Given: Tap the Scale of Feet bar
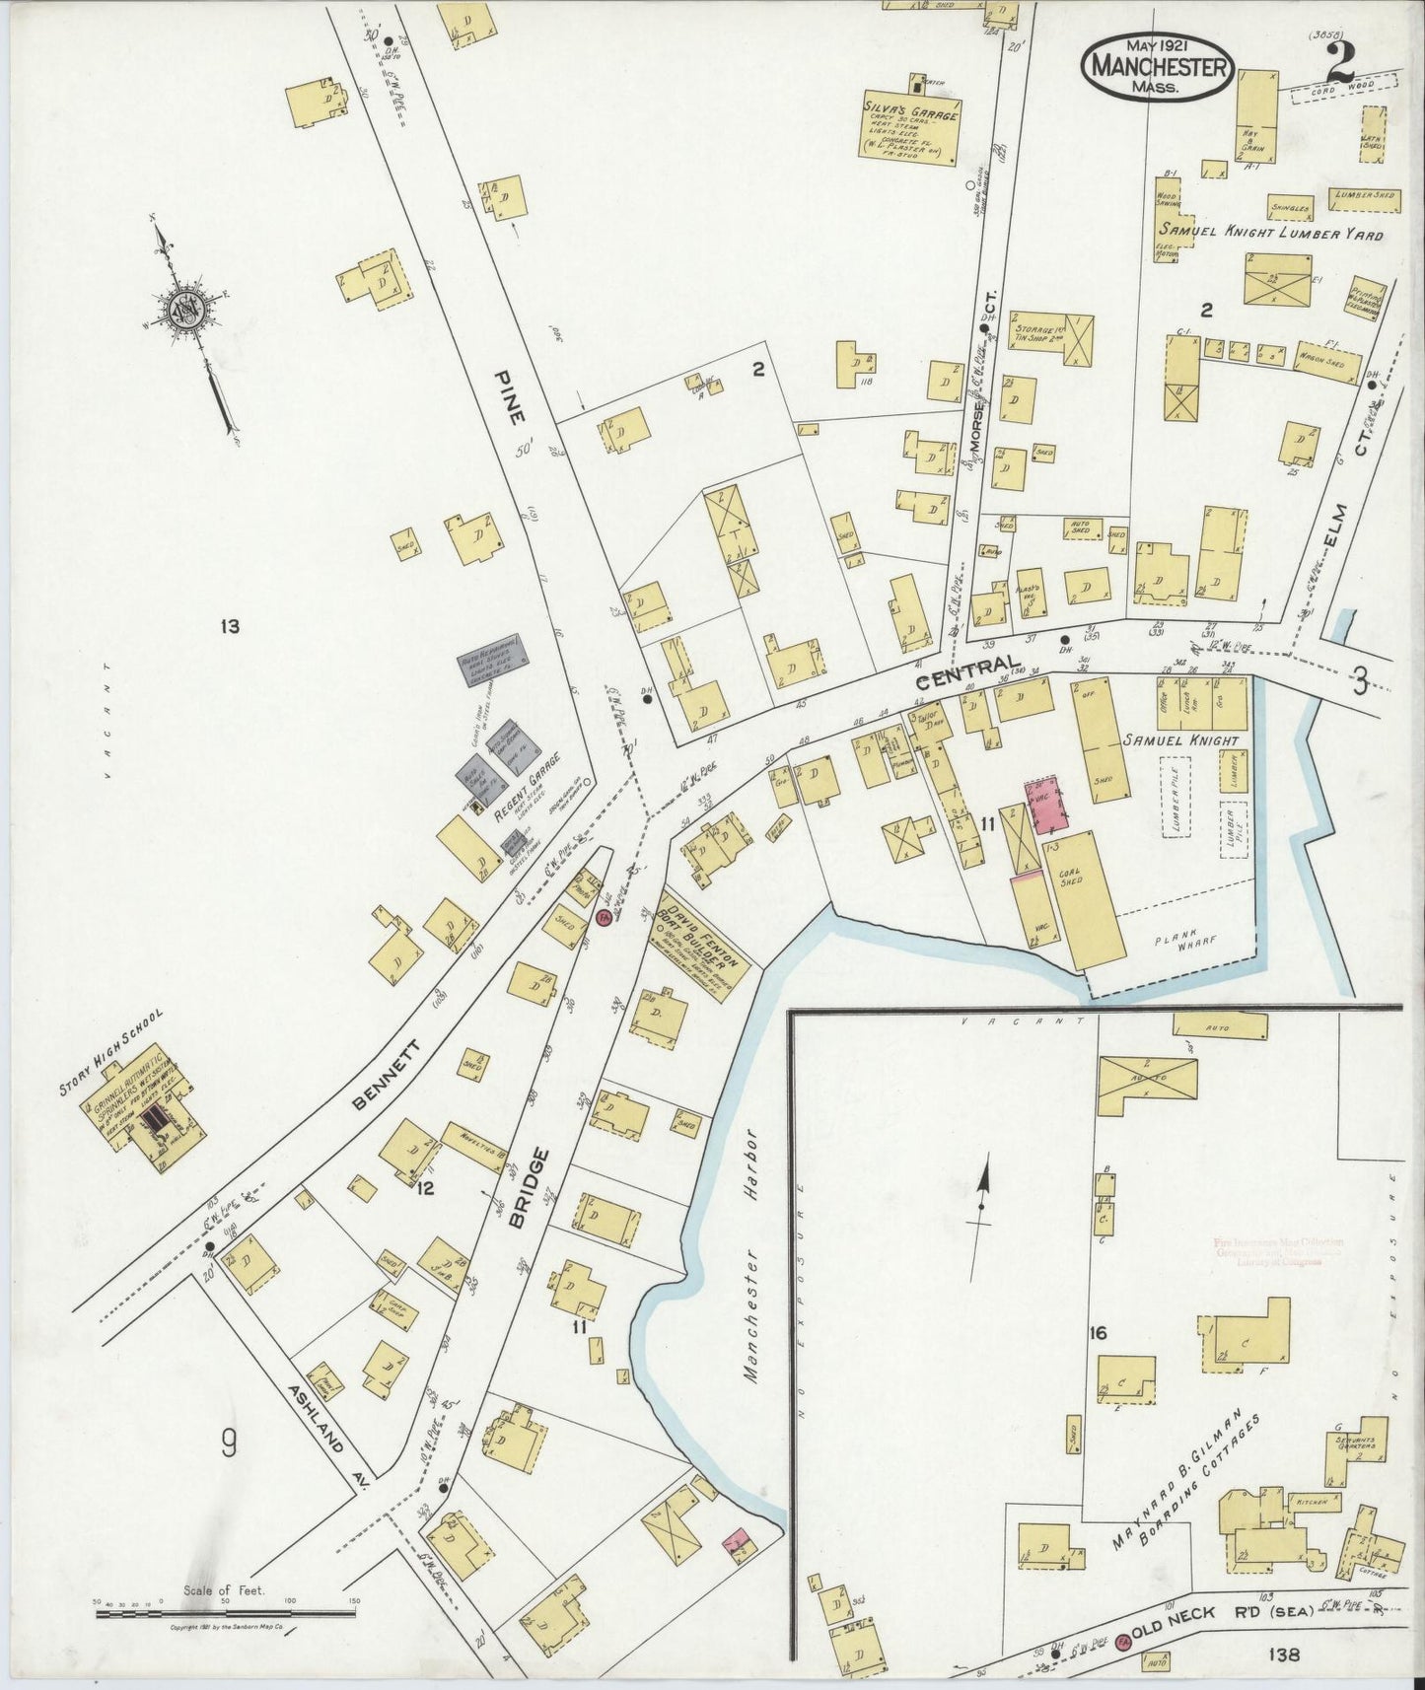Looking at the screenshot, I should [226, 1614].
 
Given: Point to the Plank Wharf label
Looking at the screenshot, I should [1184, 941].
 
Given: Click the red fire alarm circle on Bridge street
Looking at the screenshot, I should [603, 918].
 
